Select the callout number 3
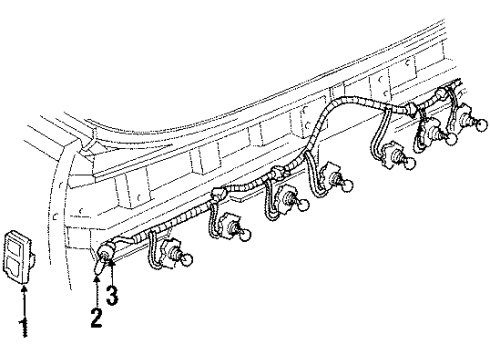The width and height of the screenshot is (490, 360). coord(112,295)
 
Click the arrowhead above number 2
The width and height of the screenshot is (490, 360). coord(96,284)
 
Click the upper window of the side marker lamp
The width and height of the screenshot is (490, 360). coord(17,247)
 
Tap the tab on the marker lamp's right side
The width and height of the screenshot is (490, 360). coord(32,262)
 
